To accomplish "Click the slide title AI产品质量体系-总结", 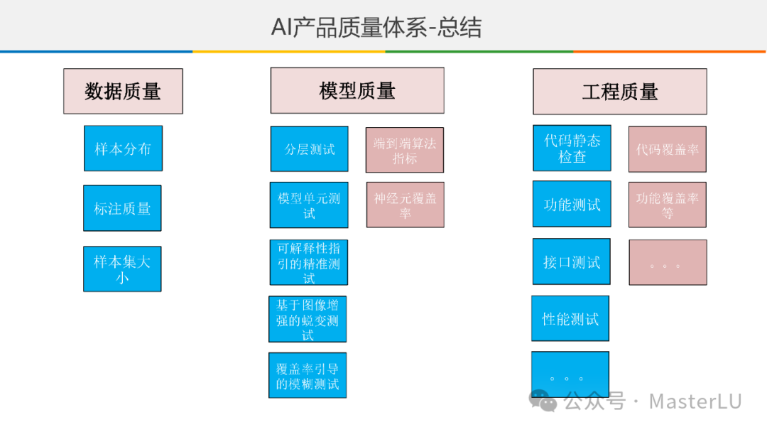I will (376, 27).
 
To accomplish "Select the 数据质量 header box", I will (123, 91).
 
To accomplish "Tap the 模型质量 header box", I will (357, 90).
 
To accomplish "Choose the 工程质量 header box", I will (620, 92).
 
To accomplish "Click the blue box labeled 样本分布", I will (123, 148).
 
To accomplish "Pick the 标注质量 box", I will (122, 208).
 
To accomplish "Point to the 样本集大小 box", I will (122, 269).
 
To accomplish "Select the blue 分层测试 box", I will (310, 148).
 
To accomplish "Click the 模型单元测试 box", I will (309, 205).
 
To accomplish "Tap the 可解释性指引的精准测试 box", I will (309, 263).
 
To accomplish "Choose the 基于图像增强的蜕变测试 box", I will (308, 320).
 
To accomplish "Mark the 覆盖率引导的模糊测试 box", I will (308, 375).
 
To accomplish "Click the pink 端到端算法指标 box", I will (405, 150).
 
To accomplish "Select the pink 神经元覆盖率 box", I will (406, 205).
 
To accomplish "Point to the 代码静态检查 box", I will (572, 148).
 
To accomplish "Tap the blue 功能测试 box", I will (572, 205).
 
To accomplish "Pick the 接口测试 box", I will (572, 261).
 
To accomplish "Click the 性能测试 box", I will (570, 318).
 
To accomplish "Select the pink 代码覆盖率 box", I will (668, 149).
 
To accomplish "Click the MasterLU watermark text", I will (695, 401).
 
